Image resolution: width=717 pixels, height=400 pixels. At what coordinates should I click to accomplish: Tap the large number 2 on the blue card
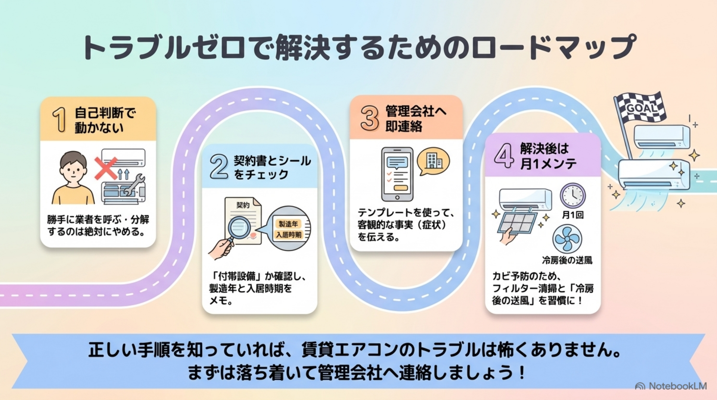pos(219,166)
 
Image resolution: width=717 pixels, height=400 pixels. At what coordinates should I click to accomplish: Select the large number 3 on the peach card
pos(370,118)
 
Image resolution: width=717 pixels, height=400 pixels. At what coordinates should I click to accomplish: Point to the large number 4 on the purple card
pos(504,156)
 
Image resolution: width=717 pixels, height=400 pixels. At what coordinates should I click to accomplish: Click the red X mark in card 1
pos(106,168)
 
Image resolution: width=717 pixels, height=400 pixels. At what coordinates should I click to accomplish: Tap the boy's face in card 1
pos(73,170)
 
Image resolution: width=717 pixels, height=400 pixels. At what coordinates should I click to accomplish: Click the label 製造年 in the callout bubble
pos(288,224)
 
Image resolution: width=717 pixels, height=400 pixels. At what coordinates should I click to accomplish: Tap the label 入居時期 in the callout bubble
pos(288,235)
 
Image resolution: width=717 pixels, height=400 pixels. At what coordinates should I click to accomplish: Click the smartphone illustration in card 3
pos(397,174)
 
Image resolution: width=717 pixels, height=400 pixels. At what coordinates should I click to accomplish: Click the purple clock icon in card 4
pos(572,196)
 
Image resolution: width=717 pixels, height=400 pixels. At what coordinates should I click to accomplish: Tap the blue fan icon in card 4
pos(567,239)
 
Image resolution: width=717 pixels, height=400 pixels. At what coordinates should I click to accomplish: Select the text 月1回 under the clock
pos(572,215)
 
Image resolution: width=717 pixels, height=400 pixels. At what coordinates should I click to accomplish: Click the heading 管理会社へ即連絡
pos(416,119)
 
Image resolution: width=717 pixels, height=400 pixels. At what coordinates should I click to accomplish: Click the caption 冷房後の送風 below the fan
pos(567,260)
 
